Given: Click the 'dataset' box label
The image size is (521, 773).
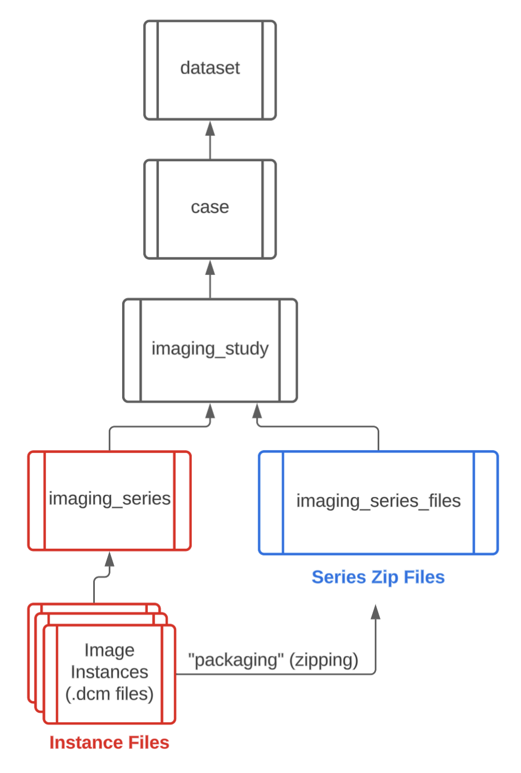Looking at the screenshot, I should pyautogui.click(x=210, y=68).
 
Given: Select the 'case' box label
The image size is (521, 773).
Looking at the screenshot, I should pyautogui.click(x=210, y=207).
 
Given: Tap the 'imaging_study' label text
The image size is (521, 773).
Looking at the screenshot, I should pyautogui.click(x=210, y=349).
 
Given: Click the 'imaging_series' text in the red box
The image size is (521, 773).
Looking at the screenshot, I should pyautogui.click(x=109, y=498).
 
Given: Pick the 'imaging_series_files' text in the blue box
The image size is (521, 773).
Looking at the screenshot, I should pyautogui.click(x=378, y=501).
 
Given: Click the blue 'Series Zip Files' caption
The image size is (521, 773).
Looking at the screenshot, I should pyautogui.click(x=378, y=577).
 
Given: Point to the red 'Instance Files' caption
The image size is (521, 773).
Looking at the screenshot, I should pyautogui.click(x=109, y=742).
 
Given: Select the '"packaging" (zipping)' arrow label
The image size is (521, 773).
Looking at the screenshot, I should pyautogui.click(x=273, y=660).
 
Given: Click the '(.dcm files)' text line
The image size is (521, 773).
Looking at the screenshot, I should pyautogui.click(x=109, y=694).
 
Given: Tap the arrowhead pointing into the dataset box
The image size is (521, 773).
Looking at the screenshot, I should pyautogui.click(x=210, y=128).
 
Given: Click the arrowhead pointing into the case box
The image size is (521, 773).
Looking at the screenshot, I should pyautogui.click(x=210, y=268).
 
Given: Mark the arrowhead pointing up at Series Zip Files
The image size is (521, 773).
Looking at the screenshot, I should pyautogui.click(x=375, y=612).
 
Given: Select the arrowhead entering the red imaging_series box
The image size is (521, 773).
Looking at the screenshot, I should pyautogui.click(x=109, y=559).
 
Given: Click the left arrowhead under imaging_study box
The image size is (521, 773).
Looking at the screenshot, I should pyautogui.click(x=210, y=412).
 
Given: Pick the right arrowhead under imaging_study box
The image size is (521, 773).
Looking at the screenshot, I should pyautogui.click(x=257, y=412).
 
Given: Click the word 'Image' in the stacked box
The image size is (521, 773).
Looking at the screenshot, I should pyautogui.click(x=109, y=650).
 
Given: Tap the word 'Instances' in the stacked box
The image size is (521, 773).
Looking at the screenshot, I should pyautogui.click(x=109, y=672).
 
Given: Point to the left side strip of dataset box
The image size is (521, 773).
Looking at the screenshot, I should pyautogui.click(x=151, y=70).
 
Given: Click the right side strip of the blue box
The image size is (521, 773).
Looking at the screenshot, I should pyautogui.click(x=485, y=503).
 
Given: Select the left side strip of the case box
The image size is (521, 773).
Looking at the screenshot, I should pyautogui.click(x=151, y=210).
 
